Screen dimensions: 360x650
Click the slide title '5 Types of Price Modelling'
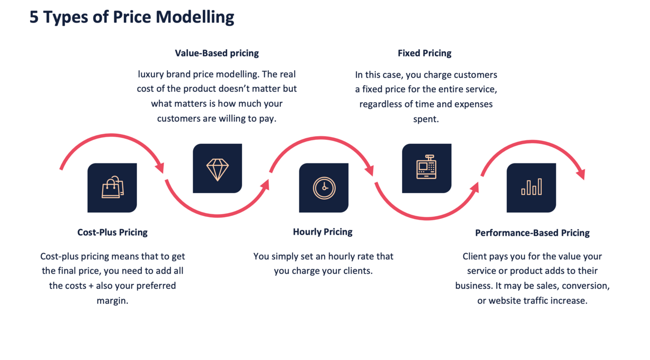point(132,17)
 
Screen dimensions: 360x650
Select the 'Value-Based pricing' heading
point(217,53)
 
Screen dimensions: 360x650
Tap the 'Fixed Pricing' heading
point(424,53)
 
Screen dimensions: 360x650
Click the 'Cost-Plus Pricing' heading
point(112,232)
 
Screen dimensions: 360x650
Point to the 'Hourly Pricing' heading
point(322,232)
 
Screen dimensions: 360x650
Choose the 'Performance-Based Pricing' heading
point(532,233)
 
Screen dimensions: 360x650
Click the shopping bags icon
point(112,188)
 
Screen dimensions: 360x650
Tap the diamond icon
point(217,169)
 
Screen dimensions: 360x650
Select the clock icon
point(323,188)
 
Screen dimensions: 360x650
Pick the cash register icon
point(426,168)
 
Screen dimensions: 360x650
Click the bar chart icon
point(531,187)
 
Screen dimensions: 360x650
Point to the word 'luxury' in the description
point(152,74)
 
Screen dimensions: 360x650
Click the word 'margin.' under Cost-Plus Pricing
point(112,301)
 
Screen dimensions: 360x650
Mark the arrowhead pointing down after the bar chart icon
point(581,174)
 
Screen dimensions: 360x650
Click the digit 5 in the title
point(34,17)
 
